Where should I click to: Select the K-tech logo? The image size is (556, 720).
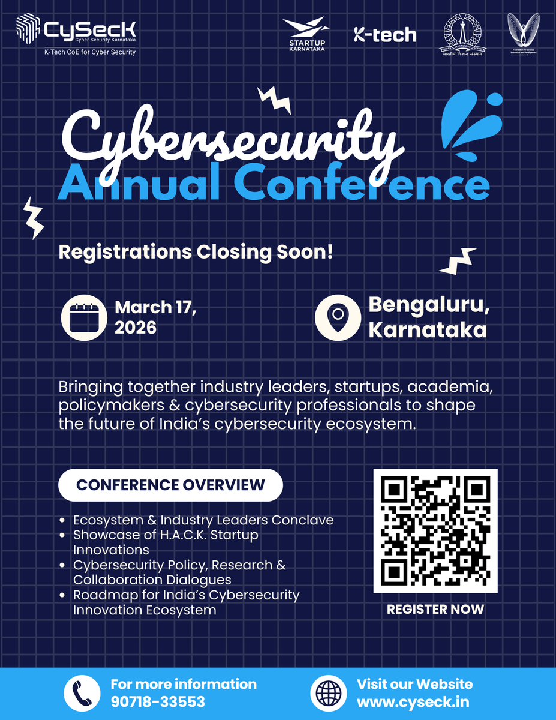pos(384,35)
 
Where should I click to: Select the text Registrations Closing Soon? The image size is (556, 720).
pos(195,251)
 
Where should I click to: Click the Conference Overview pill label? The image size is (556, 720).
pos(170,485)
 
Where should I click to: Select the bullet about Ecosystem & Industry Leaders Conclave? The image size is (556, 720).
pos(203,520)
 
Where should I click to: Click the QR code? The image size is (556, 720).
pos(435,530)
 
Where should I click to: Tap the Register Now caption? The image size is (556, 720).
pos(435,609)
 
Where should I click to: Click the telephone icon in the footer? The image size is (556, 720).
pos(82,693)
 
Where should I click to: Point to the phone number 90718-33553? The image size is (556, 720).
pos(158,701)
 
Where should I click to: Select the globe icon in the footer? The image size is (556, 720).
pos(329,693)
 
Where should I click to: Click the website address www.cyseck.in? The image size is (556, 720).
pos(413,701)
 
